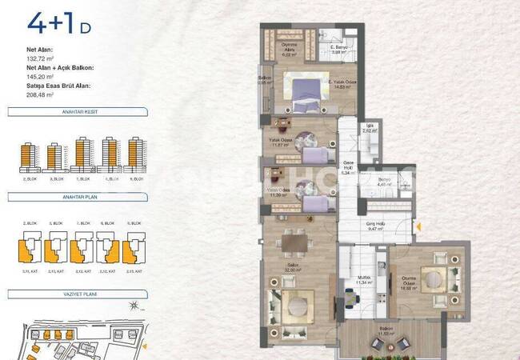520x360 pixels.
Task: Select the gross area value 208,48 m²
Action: pyautogui.click(x=41, y=94)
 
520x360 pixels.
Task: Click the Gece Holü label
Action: pyautogui.click(x=347, y=166)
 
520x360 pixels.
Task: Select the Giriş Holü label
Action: pyautogui.click(x=377, y=226)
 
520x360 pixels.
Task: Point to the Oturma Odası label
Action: pyautogui.click(x=412, y=280)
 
